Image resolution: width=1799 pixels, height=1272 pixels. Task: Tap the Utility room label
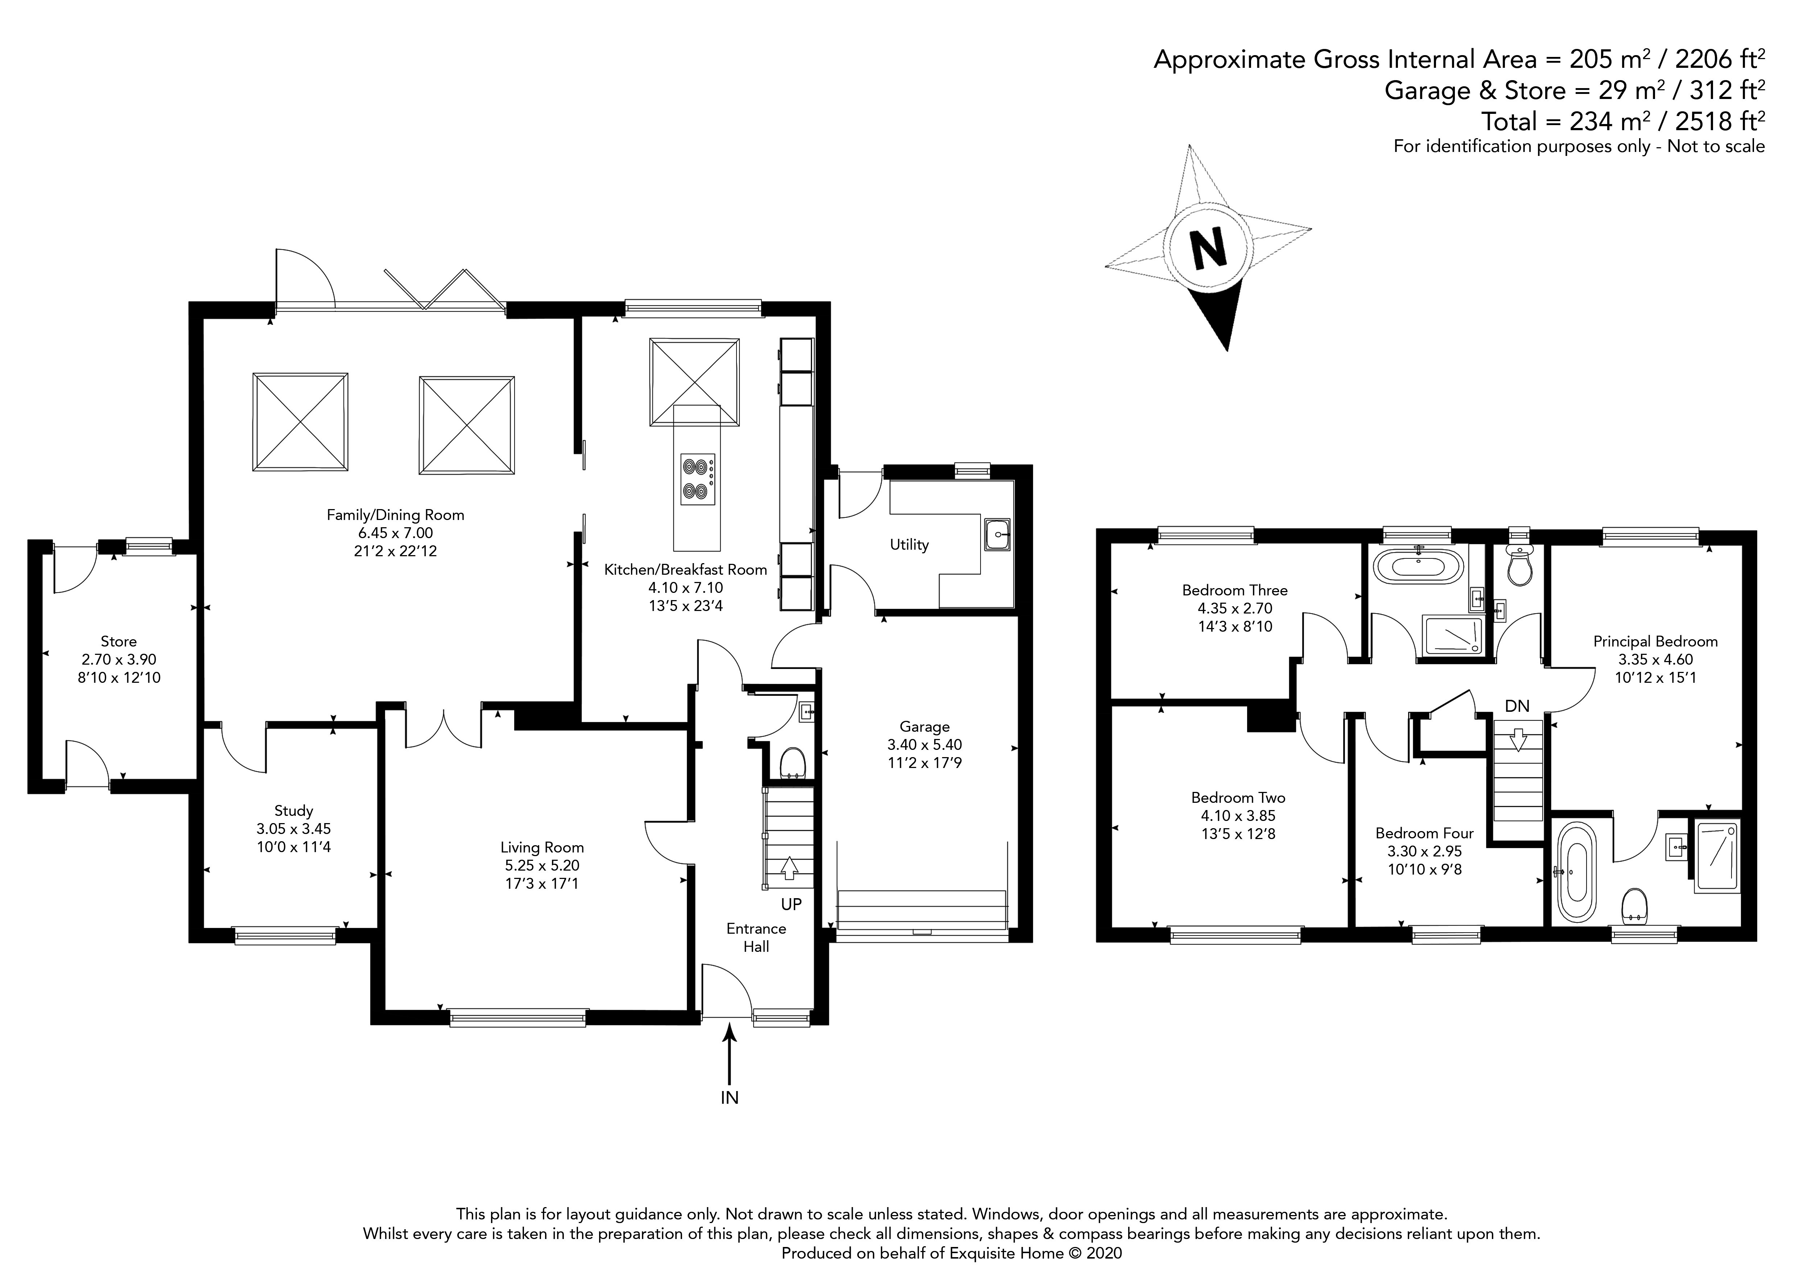(x=909, y=544)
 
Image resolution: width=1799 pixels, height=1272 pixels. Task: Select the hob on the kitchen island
(x=697, y=479)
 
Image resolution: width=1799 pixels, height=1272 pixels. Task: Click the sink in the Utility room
(x=998, y=535)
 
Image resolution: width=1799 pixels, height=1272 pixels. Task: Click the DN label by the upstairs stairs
(x=1517, y=706)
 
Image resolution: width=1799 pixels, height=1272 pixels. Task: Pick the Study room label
(x=294, y=811)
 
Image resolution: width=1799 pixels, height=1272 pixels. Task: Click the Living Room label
(x=542, y=847)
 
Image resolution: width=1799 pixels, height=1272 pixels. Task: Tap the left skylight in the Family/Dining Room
(x=300, y=422)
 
